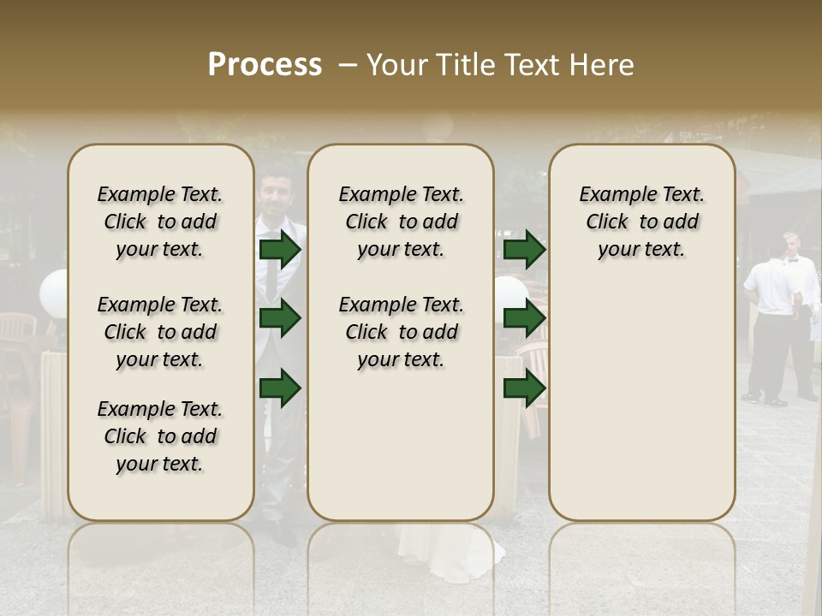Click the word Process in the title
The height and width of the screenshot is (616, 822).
[x=265, y=64]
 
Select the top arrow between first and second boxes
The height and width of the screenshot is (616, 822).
[x=280, y=250]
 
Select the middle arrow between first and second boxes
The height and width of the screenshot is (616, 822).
[x=280, y=319]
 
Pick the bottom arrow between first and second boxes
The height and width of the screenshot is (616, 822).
[x=280, y=388]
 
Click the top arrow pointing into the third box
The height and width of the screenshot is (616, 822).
[x=524, y=250]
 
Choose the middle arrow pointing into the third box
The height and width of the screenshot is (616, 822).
[x=524, y=319]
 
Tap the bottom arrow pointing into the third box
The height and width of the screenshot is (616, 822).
[x=524, y=388]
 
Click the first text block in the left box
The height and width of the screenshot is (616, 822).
[x=160, y=222]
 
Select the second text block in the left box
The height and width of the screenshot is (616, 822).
[x=160, y=332]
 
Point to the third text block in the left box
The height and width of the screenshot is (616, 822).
[x=160, y=436]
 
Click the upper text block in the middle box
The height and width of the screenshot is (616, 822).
[x=401, y=222]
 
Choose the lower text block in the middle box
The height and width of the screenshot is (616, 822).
[x=401, y=332]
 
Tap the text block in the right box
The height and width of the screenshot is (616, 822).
[x=641, y=222]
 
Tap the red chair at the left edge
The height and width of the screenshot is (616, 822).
[x=17, y=342]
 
